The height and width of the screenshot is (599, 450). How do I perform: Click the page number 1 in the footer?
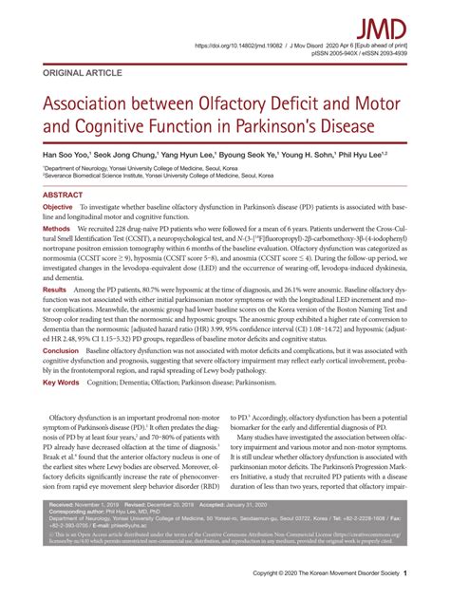pos(404,574)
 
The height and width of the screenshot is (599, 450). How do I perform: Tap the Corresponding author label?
pos(78,513)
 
